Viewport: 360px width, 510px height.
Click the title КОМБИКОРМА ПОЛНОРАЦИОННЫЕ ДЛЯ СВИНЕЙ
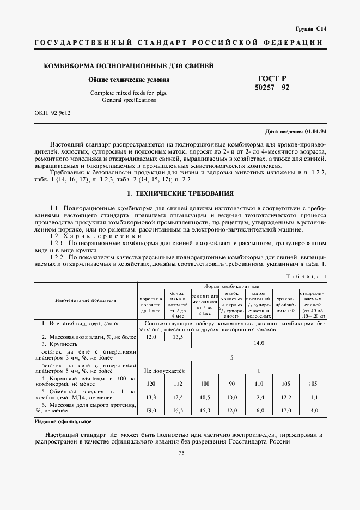click(x=129, y=66)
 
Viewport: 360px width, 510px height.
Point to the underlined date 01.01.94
click(x=315, y=131)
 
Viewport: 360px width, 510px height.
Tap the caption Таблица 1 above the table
click(x=306, y=277)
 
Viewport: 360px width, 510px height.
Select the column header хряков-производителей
click(x=286, y=302)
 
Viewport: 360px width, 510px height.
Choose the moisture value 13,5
click(x=178, y=337)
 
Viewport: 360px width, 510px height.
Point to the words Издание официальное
click(x=63, y=422)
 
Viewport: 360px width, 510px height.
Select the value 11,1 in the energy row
click(x=313, y=397)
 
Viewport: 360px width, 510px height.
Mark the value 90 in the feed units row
click(x=231, y=384)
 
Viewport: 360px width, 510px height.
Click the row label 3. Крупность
click(x=61, y=344)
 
